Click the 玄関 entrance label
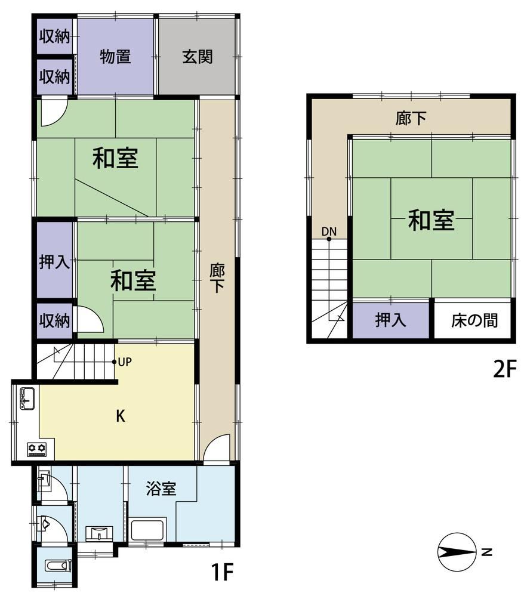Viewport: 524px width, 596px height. (198, 57)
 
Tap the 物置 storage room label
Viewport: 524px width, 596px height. (116, 57)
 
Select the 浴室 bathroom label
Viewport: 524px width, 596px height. (161, 489)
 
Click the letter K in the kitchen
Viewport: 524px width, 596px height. (121, 416)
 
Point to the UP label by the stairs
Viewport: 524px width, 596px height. (125, 362)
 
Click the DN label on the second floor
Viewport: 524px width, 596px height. (329, 231)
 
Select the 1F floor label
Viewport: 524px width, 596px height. (221, 572)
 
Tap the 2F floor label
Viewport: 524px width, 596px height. (505, 369)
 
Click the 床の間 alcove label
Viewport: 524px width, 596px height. (474, 321)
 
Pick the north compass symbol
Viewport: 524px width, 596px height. (457, 551)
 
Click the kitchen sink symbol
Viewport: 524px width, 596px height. (27, 399)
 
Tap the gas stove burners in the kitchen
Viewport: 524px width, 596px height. (36, 450)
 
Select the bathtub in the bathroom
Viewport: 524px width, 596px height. (147, 530)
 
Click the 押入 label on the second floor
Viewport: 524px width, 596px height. (390, 320)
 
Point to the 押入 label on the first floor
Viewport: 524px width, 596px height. (55, 263)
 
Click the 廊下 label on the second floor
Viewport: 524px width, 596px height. (411, 118)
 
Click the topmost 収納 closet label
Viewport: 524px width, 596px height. (55, 37)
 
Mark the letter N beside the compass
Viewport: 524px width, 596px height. (487, 552)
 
